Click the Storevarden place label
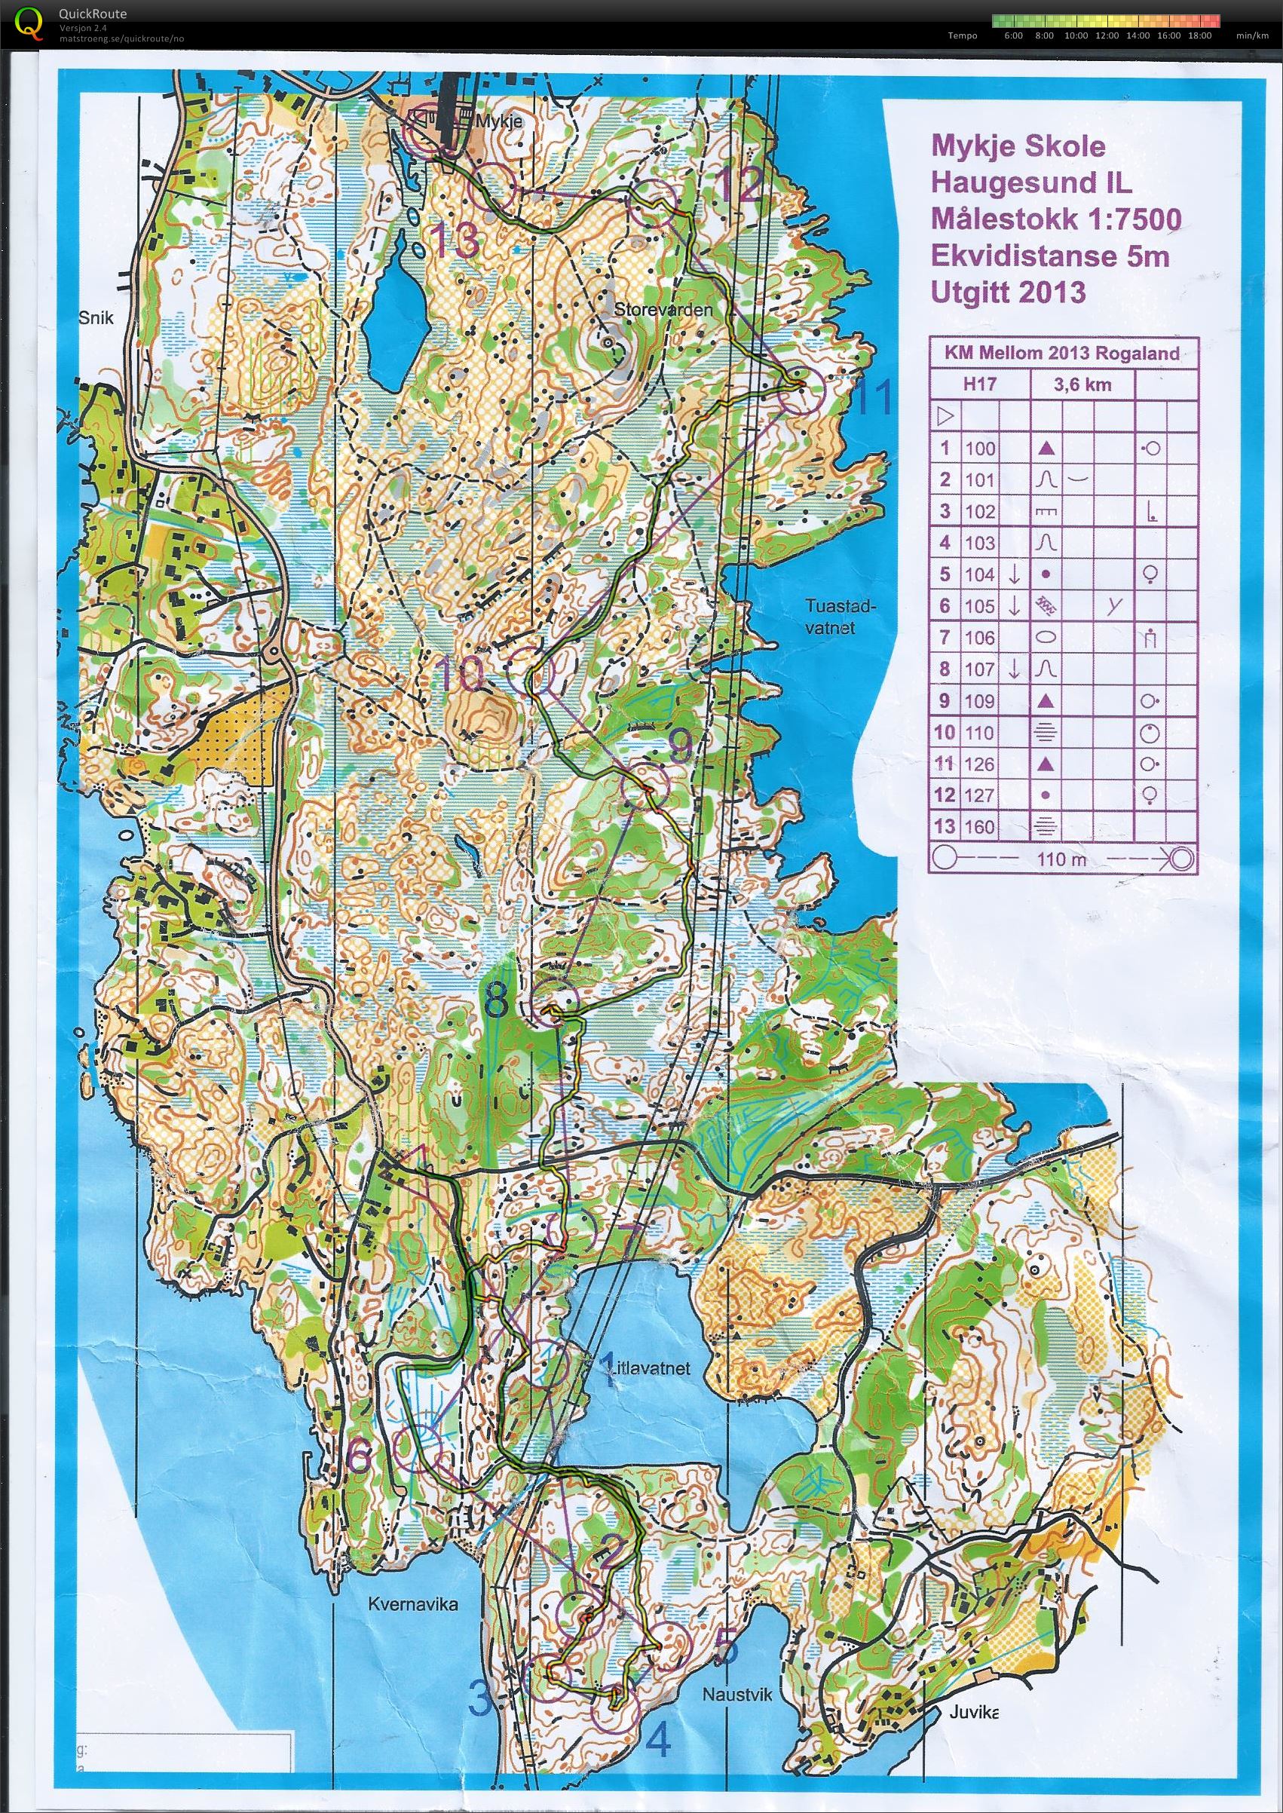click(663, 310)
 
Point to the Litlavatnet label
click(649, 1367)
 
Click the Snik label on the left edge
click(96, 318)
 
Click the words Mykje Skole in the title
click(1018, 146)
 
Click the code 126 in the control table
click(979, 764)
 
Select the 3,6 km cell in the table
click(1082, 384)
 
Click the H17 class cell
click(979, 384)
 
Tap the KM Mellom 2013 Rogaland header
click(1061, 353)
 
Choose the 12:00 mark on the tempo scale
click(1106, 35)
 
